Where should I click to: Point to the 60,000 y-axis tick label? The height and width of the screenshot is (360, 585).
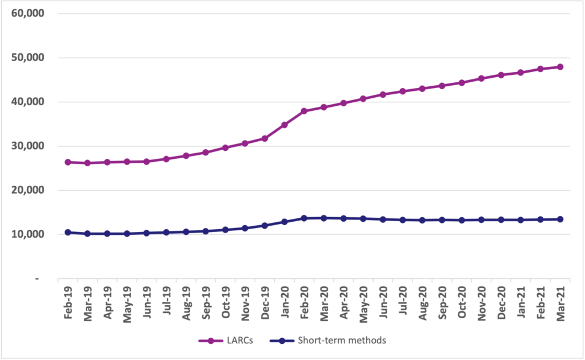point(28,13)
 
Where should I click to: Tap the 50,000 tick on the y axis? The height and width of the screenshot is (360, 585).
point(28,58)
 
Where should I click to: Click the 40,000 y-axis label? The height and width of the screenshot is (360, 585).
point(28,102)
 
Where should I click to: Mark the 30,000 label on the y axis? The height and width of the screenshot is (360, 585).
point(28,146)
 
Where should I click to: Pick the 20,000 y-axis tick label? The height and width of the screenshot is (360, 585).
point(28,190)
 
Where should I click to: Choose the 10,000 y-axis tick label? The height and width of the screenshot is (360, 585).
point(28,234)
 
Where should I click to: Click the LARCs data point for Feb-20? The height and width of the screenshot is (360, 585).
point(304,111)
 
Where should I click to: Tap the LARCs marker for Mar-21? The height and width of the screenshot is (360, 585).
point(560,67)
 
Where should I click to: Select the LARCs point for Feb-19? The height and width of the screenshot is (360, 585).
point(68,162)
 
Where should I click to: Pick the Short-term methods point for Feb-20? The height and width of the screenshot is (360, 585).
point(304,218)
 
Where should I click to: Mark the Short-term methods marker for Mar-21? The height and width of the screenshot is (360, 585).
point(560,219)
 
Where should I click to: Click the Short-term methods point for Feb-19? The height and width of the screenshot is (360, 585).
point(68,232)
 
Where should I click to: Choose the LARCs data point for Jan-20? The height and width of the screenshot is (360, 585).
point(285,125)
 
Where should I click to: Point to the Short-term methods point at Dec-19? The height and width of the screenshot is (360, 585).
point(265,225)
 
